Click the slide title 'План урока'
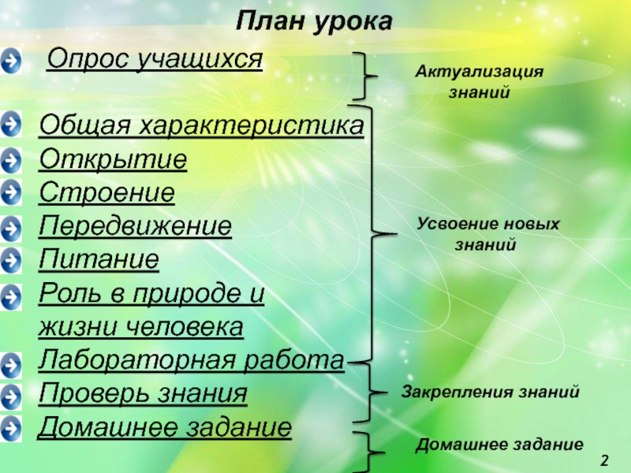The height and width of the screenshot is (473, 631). [314, 22]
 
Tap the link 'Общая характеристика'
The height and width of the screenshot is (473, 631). [201, 126]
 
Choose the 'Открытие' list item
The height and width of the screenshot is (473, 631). [114, 160]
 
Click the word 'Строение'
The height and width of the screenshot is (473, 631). [107, 193]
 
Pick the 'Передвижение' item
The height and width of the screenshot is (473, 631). [136, 226]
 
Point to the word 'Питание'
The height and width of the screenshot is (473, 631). [99, 259]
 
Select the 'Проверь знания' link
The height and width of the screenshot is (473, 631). [143, 393]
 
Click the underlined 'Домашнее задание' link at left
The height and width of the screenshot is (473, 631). [166, 427]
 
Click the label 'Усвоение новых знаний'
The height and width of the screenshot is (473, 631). [487, 234]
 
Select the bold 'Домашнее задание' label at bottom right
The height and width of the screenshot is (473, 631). [499, 444]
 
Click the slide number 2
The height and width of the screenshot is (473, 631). [605, 459]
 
